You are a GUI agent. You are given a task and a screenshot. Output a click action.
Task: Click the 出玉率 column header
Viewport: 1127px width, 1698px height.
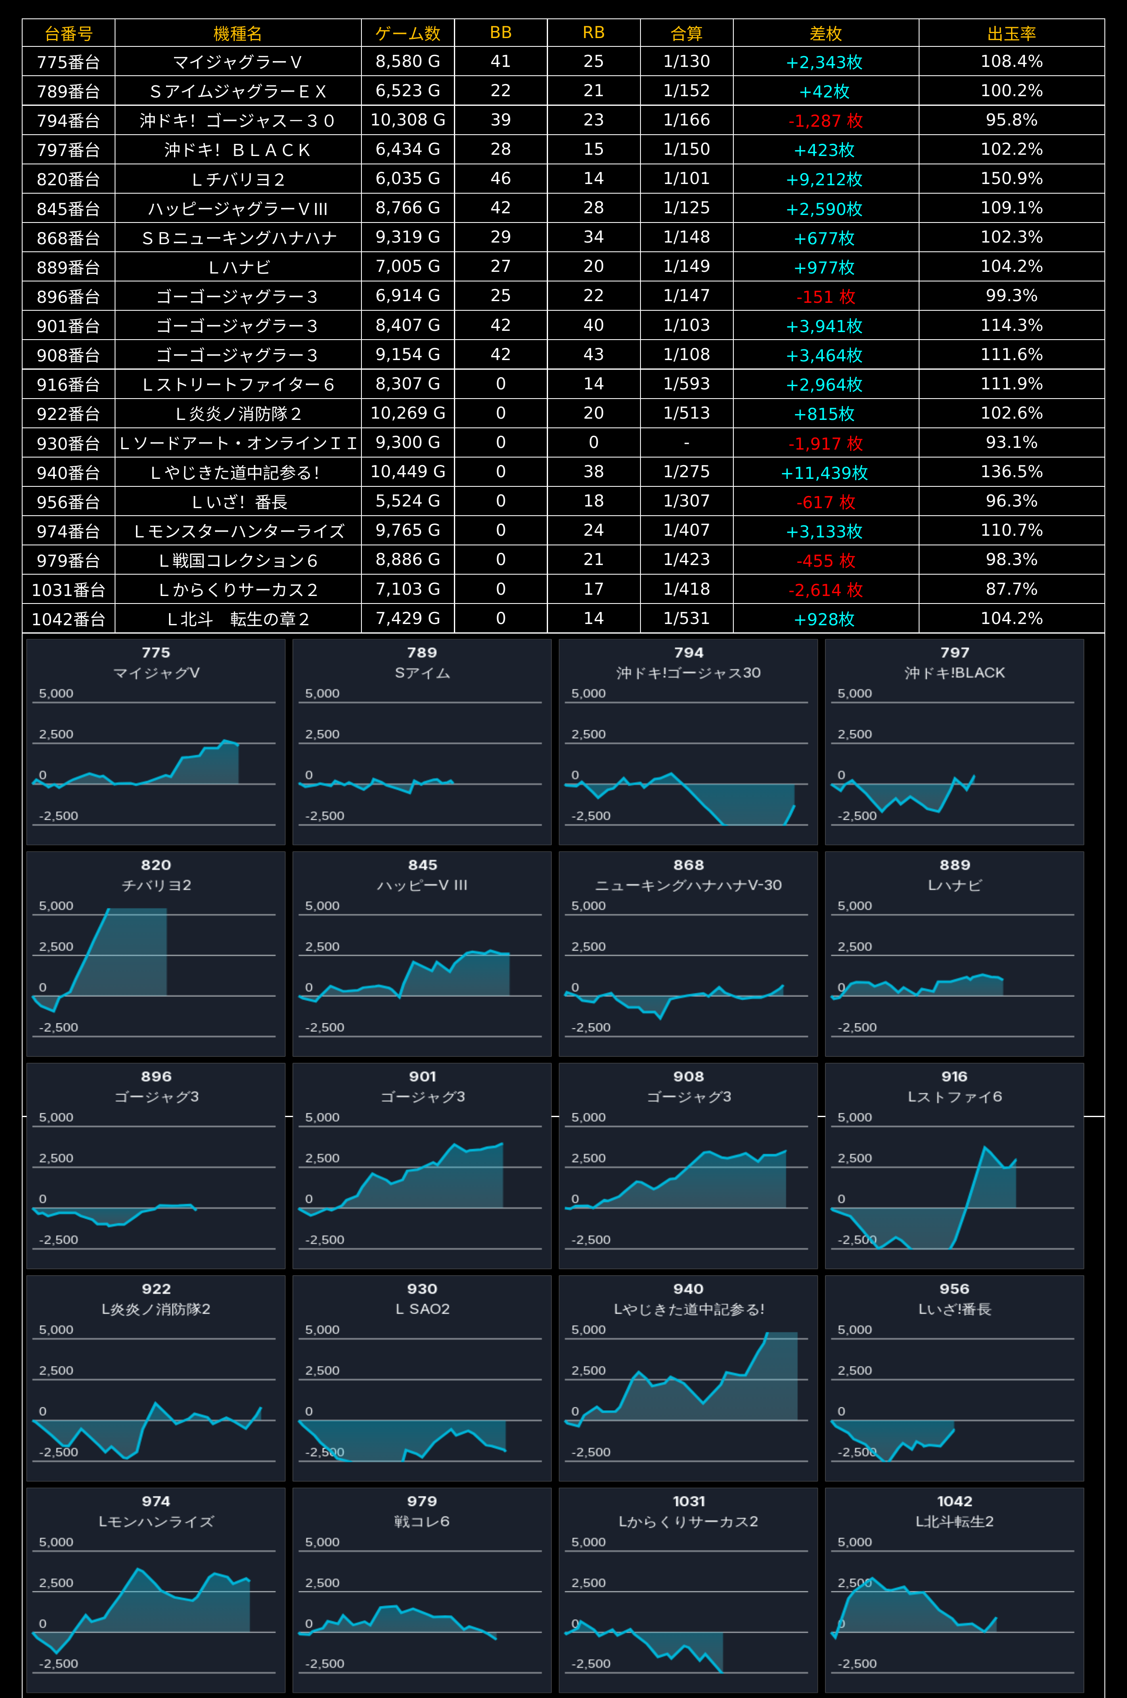tap(1011, 33)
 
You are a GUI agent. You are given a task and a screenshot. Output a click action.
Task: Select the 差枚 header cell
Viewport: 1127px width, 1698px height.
tap(825, 33)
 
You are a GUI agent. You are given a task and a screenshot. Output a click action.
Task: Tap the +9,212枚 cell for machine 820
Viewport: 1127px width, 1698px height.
tap(825, 179)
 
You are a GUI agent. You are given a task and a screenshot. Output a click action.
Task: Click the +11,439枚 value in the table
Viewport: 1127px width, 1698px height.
tap(825, 472)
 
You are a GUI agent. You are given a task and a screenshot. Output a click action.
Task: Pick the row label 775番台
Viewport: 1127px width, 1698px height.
tap(68, 62)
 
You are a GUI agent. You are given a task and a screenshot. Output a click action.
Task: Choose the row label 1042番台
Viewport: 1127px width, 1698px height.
tap(68, 619)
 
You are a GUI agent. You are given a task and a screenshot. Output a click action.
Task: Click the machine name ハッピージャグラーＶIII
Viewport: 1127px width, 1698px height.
tap(238, 208)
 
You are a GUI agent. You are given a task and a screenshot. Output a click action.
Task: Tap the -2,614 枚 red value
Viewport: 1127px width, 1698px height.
tap(825, 589)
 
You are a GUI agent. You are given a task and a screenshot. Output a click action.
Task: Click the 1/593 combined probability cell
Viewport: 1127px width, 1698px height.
tap(686, 384)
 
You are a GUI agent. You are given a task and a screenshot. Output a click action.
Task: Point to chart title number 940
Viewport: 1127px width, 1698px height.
tap(689, 1289)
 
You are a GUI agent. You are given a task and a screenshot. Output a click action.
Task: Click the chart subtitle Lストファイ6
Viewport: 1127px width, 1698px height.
tap(955, 1097)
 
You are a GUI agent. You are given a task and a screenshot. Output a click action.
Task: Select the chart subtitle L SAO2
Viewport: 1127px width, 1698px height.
tap(422, 1309)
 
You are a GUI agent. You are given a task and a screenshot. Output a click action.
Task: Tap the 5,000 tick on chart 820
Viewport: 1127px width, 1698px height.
tap(56, 905)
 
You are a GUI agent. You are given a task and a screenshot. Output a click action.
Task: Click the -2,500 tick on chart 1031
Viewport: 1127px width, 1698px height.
tap(591, 1664)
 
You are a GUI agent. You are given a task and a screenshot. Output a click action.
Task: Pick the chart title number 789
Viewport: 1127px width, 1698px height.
tap(422, 652)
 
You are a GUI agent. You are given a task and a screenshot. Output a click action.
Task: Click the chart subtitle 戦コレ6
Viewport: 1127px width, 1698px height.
tap(422, 1521)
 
